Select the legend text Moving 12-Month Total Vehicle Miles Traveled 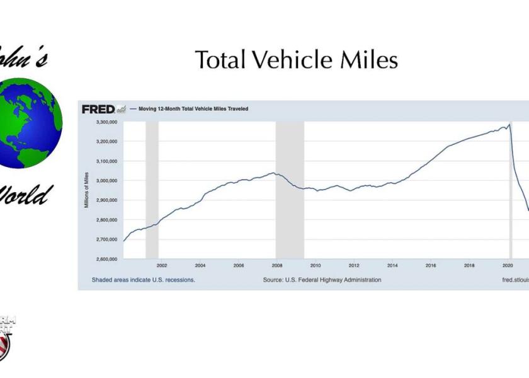[193, 109]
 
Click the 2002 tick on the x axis [161, 266]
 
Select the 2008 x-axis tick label [277, 266]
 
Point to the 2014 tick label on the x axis [392, 266]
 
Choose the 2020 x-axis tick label [508, 266]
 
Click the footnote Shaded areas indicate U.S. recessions [143, 280]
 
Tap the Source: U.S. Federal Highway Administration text [322, 280]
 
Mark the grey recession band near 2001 [152, 189]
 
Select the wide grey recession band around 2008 [290, 189]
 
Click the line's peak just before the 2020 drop [509, 124]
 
